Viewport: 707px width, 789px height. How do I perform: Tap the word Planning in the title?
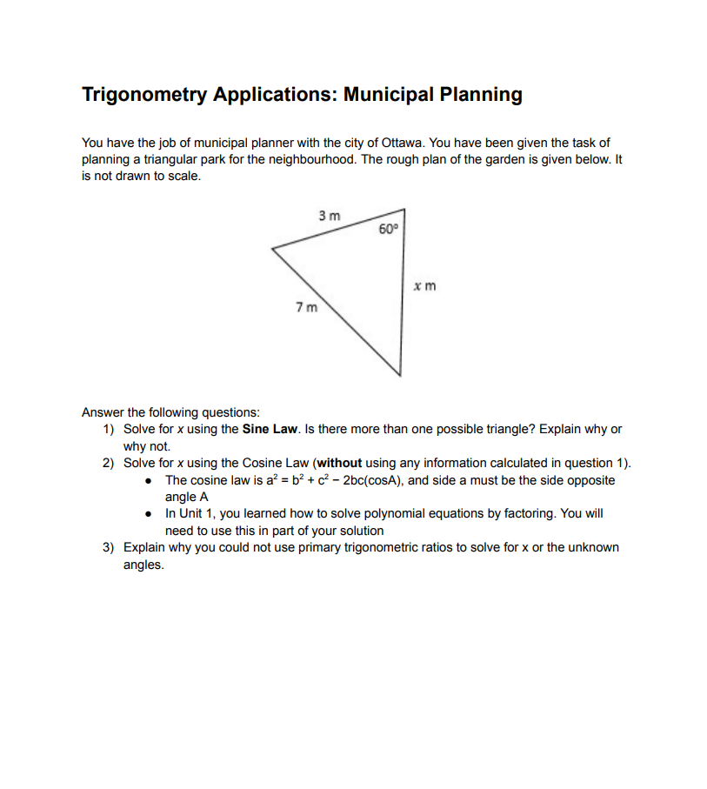pyautogui.click(x=481, y=95)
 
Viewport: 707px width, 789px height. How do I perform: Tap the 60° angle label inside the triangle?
pyautogui.click(x=388, y=230)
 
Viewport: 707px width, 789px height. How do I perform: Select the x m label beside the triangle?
pyautogui.click(x=424, y=285)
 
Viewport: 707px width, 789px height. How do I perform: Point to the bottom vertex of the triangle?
pyautogui.click(x=400, y=376)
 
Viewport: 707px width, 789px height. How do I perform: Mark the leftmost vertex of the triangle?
pyautogui.click(x=273, y=249)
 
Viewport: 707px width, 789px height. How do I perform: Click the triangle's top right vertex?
pyautogui.click(x=404, y=209)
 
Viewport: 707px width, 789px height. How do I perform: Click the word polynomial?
pyautogui.click(x=391, y=513)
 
